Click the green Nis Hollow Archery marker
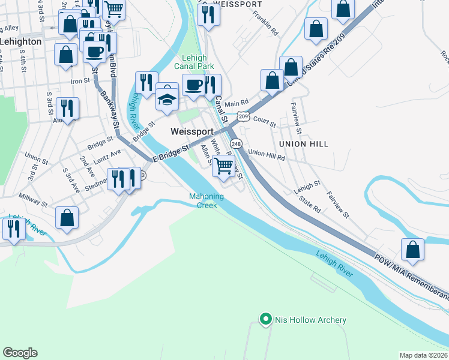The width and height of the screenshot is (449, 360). (265, 320)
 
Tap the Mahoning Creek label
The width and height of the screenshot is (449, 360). (206, 200)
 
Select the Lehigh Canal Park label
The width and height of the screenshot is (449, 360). (193, 62)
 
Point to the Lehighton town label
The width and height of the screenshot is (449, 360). (21, 42)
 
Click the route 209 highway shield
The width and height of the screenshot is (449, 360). (243, 116)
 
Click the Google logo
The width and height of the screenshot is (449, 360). (20, 353)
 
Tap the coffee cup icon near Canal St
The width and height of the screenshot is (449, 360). (193, 85)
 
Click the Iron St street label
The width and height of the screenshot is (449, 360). (80, 81)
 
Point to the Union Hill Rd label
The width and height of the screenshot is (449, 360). (266, 154)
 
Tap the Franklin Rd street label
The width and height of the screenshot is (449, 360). (265, 23)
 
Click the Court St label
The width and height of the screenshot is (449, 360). (264, 122)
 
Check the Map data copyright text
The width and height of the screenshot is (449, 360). (423, 355)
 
